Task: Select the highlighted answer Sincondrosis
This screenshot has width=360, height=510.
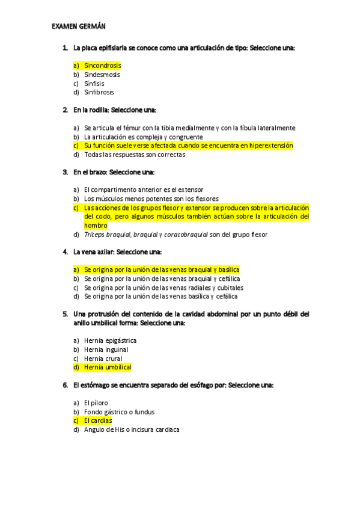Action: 102,66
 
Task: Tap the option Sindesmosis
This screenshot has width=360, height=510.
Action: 102,75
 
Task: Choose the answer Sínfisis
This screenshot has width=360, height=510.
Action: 96,84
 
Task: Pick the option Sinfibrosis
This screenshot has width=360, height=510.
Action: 99,93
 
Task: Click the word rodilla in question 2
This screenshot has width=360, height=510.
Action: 99,110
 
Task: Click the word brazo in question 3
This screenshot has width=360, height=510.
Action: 98,172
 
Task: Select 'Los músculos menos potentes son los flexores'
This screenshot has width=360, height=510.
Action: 151,198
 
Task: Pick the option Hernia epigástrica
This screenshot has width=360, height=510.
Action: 110,340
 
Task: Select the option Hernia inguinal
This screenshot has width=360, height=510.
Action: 106,349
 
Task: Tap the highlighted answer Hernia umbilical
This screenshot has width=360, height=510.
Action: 108,367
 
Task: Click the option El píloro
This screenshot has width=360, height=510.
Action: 96,402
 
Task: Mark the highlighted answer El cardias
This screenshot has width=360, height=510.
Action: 98,421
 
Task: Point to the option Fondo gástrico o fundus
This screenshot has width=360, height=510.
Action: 119,412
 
